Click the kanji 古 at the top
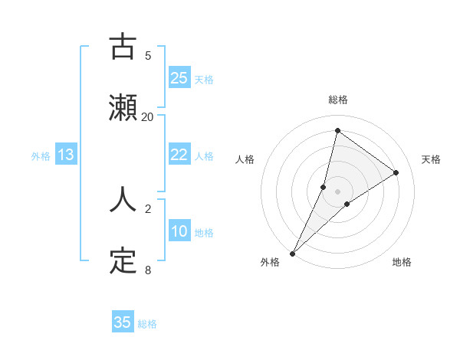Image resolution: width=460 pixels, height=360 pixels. pyautogui.click(x=123, y=47)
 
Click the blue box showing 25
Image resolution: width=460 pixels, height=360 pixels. pyautogui.click(x=179, y=78)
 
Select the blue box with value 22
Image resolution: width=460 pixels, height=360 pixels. pyautogui.click(x=179, y=155)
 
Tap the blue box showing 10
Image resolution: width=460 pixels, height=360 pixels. pyautogui.click(x=179, y=231)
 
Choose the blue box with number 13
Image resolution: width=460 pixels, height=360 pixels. pyautogui.click(x=66, y=155)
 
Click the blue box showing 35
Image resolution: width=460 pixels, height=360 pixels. pyautogui.click(x=123, y=322)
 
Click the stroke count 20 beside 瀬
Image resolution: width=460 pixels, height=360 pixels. pyautogui.click(x=148, y=116)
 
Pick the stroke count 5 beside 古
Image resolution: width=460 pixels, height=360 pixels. pyautogui.click(x=148, y=55)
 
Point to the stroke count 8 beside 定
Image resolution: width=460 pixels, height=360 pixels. pyautogui.click(x=148, y=270)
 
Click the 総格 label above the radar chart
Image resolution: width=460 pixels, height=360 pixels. pyautogui.click(x=338, y=100)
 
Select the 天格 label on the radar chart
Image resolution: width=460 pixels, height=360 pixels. pyautogui.click(x=431, y=159)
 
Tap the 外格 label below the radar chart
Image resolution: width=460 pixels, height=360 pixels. pyautogui.click(x=270, y=262)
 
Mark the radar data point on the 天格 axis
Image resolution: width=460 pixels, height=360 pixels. pyautogui.click(x=396, y=172)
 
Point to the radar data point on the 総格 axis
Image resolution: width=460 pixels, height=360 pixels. pyautogui.click(x=337, y=130)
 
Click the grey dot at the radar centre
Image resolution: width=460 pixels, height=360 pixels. pyautogui.click(x=337, y=191)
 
